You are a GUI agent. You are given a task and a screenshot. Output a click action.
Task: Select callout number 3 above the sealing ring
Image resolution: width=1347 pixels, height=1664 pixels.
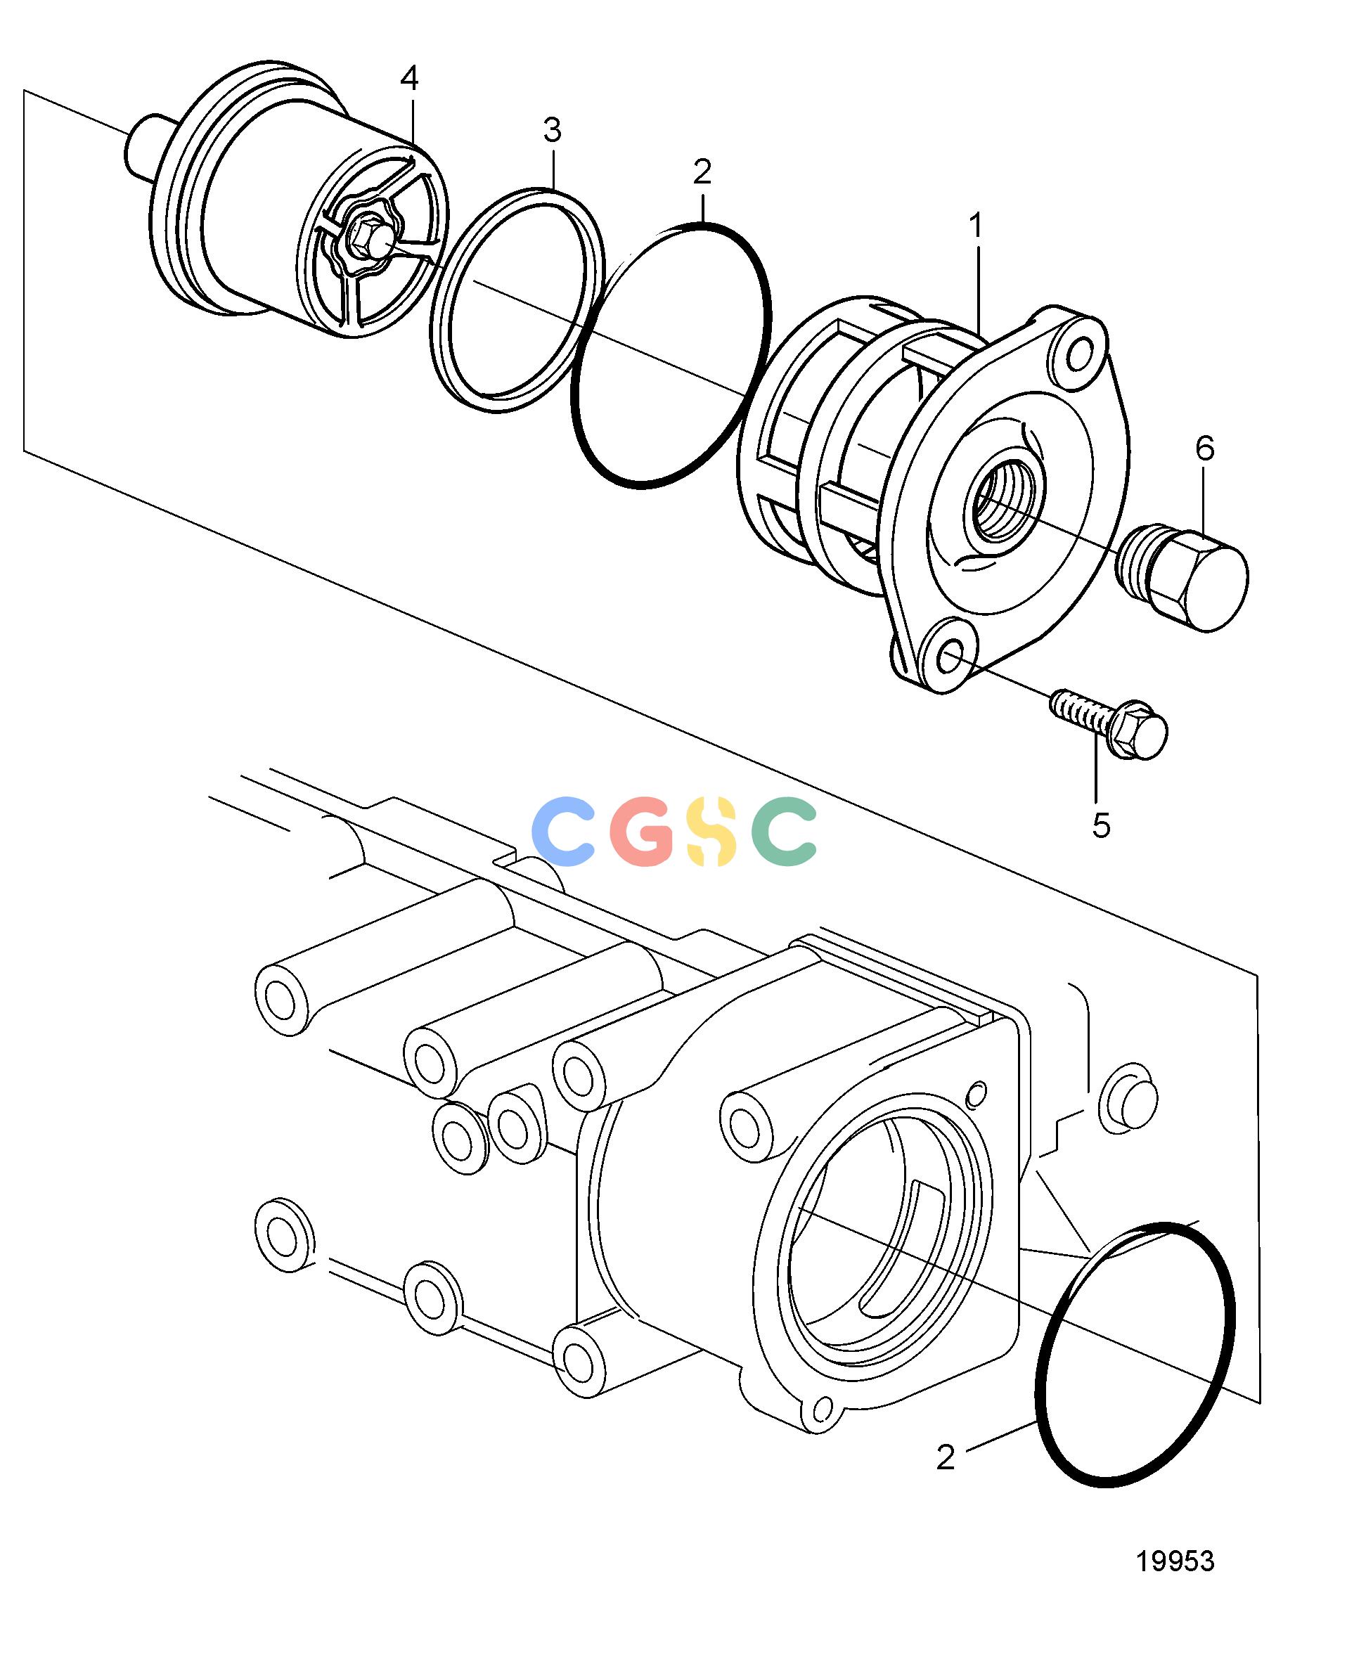(x=552, y=131)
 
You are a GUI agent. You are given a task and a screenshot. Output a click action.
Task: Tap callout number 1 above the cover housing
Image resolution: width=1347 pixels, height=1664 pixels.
(x=975, y=226)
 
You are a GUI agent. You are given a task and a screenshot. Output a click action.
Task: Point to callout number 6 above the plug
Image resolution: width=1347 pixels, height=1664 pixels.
(x=1204, y=449)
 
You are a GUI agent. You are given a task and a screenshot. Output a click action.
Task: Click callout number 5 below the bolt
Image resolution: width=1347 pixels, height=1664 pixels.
(x=1101, y=825)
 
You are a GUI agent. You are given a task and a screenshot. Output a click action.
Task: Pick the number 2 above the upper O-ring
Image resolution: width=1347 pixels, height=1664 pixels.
(x=702, y=172)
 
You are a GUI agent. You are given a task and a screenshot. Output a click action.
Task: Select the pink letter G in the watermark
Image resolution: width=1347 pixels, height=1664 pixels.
(x=642, y=831)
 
